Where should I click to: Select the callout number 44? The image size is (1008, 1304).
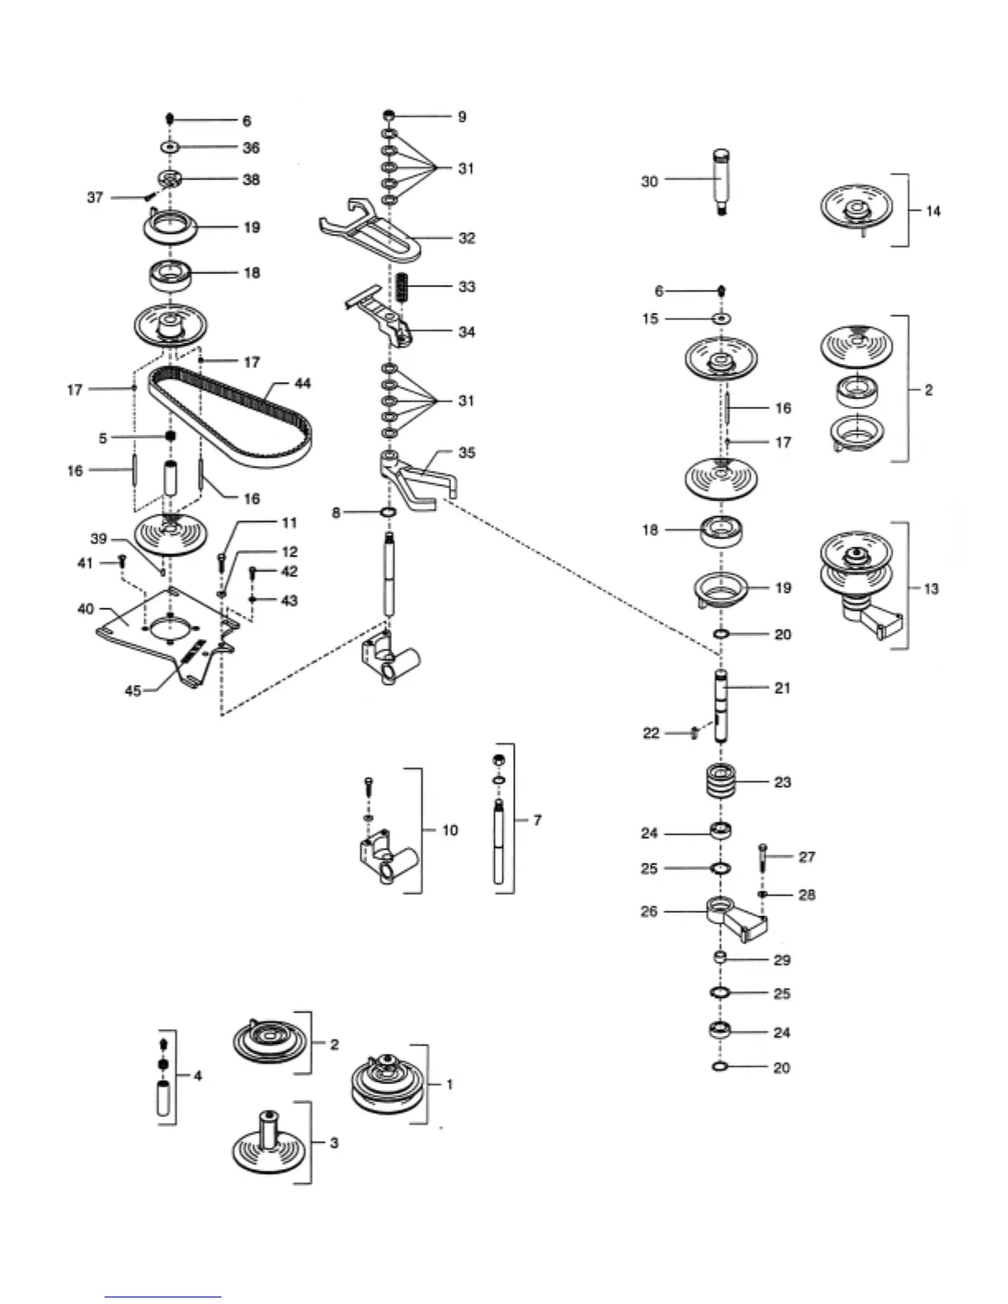pos(302,384)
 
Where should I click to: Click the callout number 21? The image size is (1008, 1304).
pos(782,687)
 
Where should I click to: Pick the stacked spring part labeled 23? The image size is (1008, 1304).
pos(721,781)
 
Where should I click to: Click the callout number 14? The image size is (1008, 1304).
pos(932,211)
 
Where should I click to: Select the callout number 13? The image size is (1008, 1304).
pos(931,589)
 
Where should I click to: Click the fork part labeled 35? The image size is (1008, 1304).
pos(416,480)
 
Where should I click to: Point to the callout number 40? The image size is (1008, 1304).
pos(86,609)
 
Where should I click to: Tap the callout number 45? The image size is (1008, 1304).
pos(133,691)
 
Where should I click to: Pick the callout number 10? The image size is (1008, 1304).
pos(450,830)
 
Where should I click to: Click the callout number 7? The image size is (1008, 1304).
pos(537,820)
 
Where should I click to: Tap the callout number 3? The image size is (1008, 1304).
pos(334,1143)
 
